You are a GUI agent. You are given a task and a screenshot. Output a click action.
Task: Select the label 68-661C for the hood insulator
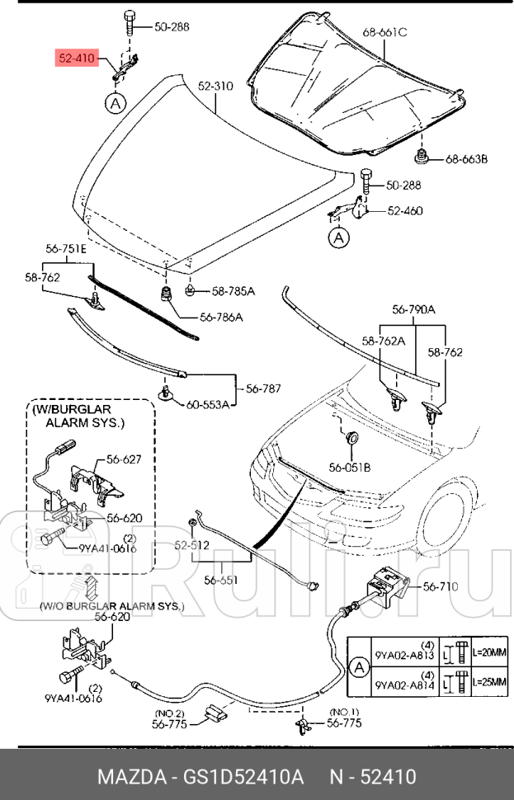(385, 32)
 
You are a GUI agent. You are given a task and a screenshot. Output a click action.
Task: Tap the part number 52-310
(215, 86)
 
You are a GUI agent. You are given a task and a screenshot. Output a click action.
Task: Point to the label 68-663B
(467, 158)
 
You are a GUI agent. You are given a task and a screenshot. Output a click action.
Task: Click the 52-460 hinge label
(404, 211)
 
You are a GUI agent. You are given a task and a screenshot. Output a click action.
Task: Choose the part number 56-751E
(66, 248)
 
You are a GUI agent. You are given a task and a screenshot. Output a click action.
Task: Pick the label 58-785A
(233, 291)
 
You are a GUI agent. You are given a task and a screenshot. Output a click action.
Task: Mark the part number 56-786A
(221, 318)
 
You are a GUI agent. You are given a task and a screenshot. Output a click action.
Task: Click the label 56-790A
(413, 309)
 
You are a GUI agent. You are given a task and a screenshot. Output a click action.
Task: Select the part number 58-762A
(384, 340)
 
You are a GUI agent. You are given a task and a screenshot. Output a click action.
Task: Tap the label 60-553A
(207, 405)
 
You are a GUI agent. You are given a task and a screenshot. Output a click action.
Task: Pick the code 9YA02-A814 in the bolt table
(405, 684)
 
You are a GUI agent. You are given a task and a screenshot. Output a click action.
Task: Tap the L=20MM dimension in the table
(488, 652)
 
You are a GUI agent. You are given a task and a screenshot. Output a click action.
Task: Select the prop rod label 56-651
(221, 580)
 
